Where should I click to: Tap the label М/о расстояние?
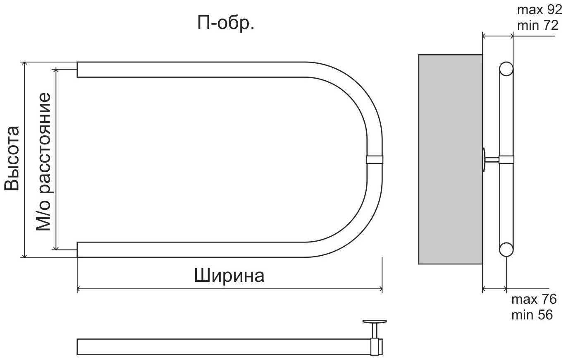(x=43, y=161)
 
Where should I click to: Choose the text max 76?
(x=534, y=299)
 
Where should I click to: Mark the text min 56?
(x=532, y=314)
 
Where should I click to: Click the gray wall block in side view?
(x=450, y=159)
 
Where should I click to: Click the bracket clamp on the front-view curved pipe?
(x=375, y=160)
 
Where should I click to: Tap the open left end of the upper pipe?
(x=78, y=70)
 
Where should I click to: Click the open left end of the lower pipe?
(x=78, y=250)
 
